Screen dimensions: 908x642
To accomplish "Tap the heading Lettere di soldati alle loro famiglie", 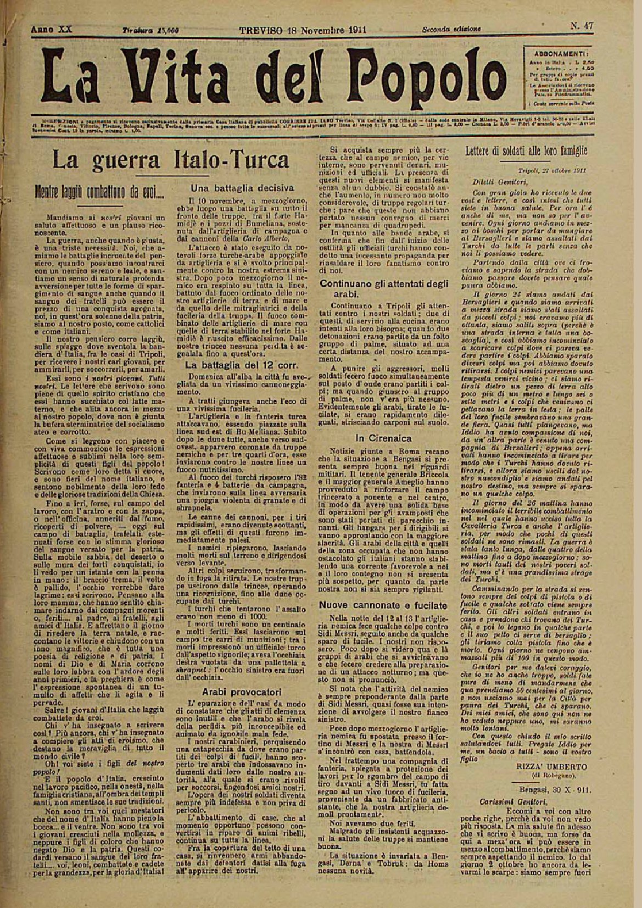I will [526, 149].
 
